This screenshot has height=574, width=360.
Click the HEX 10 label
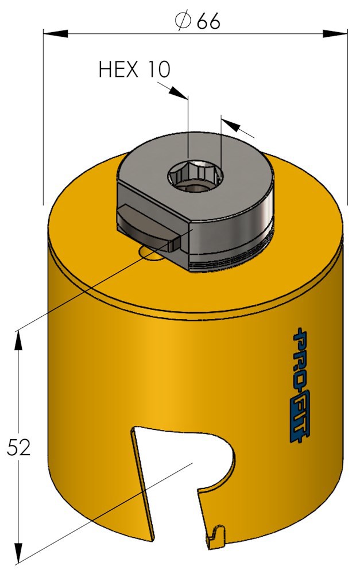tap(134, 69)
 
